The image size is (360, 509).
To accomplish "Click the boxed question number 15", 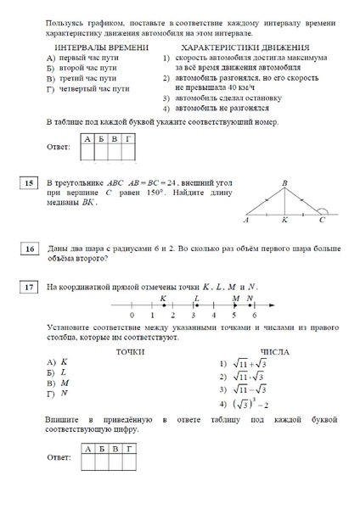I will click(29, 183).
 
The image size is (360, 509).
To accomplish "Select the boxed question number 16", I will click(29, 249).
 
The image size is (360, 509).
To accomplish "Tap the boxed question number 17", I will click(29, 288).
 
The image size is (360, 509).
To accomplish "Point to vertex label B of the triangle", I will click(285, 183).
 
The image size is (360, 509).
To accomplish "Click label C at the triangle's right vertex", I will click(322, 220).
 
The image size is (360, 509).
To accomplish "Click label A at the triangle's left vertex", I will click(245, 221).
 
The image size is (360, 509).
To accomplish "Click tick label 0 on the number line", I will click(132, 316).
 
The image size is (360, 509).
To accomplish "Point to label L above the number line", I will click(197, 298).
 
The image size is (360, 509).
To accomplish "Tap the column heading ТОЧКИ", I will click(107, 351).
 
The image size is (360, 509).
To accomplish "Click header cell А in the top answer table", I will click(87, 137).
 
